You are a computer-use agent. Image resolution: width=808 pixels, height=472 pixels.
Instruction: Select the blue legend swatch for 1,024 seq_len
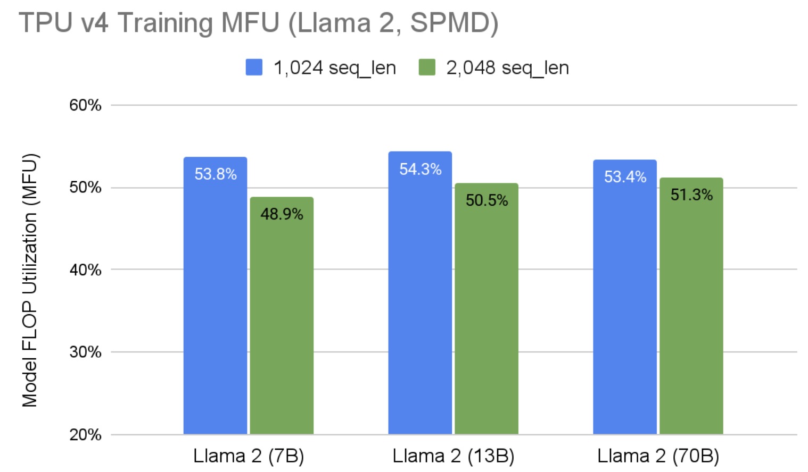(x=254, y=68)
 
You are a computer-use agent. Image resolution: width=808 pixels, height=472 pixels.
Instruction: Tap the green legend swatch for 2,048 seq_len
(x=427, y=68)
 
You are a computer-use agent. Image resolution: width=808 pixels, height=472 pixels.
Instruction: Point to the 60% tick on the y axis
(x=85, y=105)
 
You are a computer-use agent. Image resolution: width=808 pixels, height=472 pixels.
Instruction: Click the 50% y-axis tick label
(x=85, y=188)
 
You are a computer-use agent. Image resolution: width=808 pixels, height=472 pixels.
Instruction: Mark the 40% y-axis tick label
(x=85, y=270)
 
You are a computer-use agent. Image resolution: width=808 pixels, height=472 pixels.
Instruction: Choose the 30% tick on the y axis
(x=85, y=352)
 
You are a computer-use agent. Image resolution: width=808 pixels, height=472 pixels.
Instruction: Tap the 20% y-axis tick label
(x=85, y=435)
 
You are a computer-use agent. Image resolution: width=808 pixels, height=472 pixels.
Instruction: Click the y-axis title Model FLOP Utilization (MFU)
(x=30, y=280)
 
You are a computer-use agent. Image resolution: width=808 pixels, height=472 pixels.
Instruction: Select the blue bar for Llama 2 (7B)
(x=215, y=308)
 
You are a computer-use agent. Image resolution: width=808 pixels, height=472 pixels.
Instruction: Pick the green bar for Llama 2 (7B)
(x=282, y=324)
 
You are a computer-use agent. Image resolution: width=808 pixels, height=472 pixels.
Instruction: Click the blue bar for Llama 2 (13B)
(x=420, y=303)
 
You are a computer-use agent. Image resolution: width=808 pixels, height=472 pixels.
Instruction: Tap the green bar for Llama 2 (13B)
(x=487, y=319)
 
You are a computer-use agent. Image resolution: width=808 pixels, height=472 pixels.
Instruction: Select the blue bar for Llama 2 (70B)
(x=625, y=308)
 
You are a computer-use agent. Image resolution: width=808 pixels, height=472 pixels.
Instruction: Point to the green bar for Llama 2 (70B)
(x=691, y=319)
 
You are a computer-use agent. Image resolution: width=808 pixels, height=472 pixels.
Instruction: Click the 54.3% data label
(x=421, y=170)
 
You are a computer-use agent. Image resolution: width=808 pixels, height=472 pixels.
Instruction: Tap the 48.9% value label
(x=282, y=214)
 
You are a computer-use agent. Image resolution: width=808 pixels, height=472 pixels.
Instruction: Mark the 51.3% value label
(x=691, y=195)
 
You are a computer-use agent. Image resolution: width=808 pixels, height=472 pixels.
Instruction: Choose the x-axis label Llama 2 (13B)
(x=454, y=456)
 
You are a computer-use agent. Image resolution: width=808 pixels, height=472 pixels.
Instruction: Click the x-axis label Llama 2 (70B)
(x=658, y=456)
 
